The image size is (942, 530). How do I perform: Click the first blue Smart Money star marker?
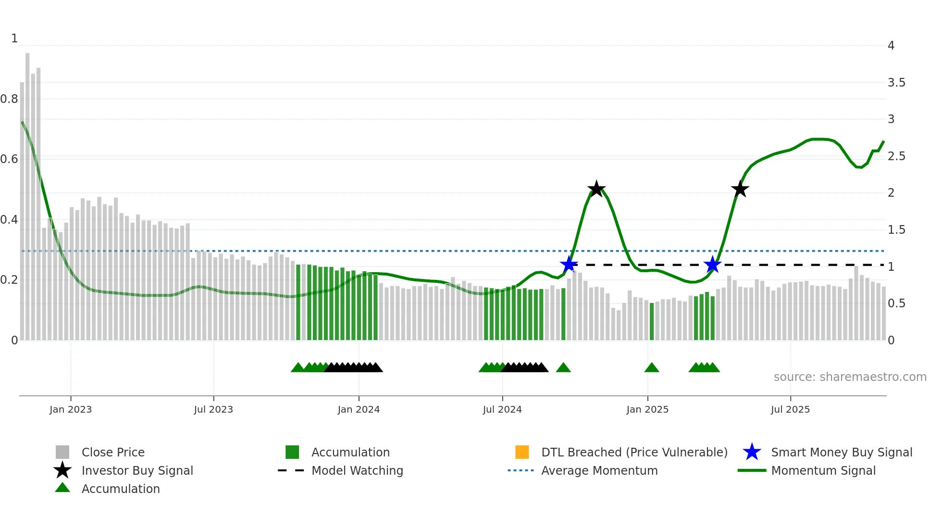click(569, 265)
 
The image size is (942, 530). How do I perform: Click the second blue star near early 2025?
click(712, 265)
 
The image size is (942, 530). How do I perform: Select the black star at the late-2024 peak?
click(596, 189)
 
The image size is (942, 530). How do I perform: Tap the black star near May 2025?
click(740, 189)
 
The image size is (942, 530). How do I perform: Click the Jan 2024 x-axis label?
click(359, 409)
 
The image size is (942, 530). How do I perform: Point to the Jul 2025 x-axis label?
click(790, 409)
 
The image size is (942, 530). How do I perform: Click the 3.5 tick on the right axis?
click(896, 83)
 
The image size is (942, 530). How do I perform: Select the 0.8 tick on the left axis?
click(9, 99)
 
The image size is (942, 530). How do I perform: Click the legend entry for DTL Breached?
click(634, 452)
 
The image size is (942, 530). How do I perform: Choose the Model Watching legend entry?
click(357, 470)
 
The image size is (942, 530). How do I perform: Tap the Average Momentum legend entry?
click(599, 470)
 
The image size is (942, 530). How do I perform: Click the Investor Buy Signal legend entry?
click(137, 470)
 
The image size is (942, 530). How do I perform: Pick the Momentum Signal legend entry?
click(823, 470)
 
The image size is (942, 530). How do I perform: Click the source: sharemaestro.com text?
click(850, 377)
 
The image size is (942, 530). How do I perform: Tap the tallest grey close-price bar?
click(27, 192)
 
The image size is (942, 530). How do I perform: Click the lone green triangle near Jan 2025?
click(652, 368)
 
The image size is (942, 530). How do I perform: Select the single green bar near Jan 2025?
click(652, 321)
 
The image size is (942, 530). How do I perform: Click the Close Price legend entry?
click(112, 452)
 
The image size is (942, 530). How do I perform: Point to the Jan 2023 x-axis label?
click(71, 409)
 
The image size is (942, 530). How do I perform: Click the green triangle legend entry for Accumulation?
click(120, 489)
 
